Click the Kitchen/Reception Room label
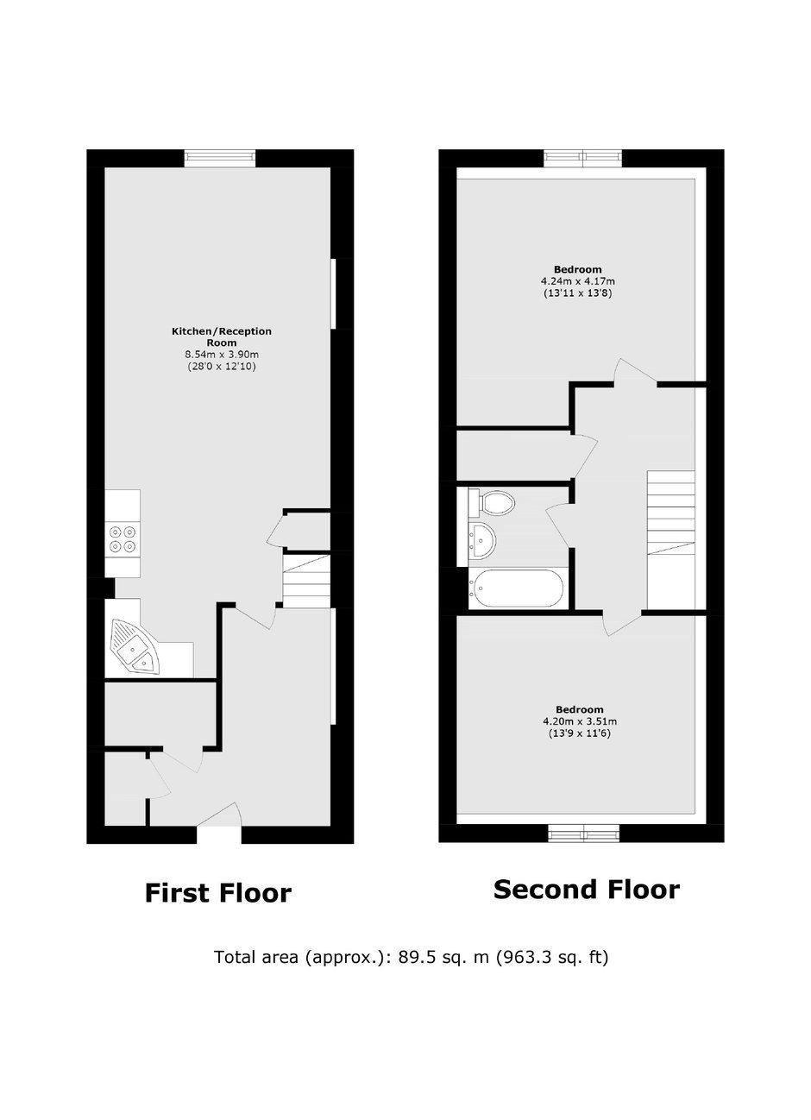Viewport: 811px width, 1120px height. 222,337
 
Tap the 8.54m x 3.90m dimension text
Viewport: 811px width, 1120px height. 222,355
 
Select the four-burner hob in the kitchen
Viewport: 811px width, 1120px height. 123,539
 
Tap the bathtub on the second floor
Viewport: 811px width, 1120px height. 516,588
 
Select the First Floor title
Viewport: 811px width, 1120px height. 218,893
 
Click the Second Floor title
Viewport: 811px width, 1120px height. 587,890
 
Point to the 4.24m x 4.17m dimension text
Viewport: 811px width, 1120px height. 578,281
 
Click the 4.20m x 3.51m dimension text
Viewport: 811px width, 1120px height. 580,721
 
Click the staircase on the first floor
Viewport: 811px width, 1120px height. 306,581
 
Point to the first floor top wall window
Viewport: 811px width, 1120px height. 220,158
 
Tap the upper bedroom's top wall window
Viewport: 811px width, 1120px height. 583,158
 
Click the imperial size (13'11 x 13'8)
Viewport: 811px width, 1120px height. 578,293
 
